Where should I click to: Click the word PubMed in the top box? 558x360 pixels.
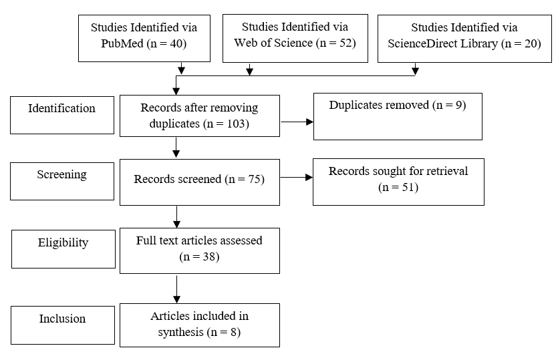coord(122,43)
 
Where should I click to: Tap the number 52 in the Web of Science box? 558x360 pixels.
coord(345,43)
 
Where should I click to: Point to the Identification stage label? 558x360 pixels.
coord(62,108)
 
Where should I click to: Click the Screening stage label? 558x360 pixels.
coord(62,175)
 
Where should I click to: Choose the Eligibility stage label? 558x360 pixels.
coord(63,242)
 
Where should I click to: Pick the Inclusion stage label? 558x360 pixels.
coord(62,319)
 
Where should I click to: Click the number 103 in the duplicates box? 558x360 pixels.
coord(236,124)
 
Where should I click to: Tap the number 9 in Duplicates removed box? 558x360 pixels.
coord(458,105)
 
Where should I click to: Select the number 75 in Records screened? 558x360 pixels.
coord(255,179)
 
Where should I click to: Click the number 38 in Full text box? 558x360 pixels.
coord(209,256)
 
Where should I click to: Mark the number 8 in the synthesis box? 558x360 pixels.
coord(233,332)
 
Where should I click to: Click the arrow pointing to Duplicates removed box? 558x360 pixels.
coord(297,122)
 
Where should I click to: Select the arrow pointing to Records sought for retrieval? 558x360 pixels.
coord(297,177)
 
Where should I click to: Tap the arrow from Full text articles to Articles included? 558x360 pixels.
coord(177,289)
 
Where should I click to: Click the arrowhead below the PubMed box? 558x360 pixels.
coord(182,70)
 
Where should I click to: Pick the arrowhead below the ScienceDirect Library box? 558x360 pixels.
coord(415,71)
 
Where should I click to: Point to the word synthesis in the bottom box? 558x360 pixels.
coord(181,333)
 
